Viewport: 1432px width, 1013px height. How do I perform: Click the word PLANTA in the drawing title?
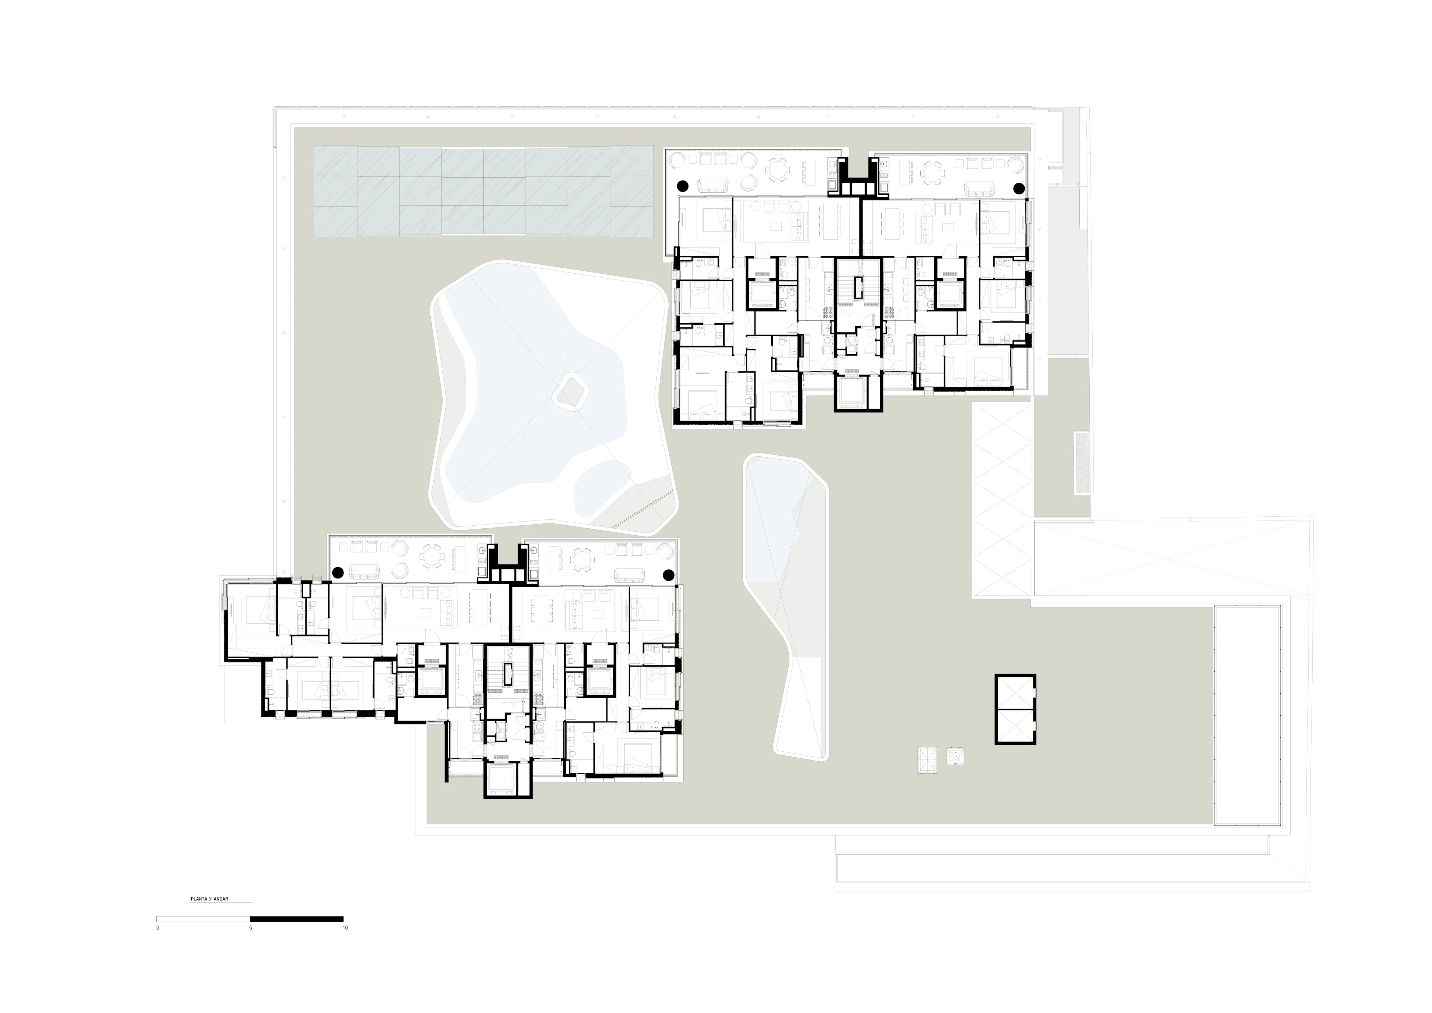point(198,900)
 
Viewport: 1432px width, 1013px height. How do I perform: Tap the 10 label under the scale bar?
point(345,928)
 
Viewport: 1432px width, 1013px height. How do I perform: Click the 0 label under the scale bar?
point(158,928)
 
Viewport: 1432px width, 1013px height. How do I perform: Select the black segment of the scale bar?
point(296,919)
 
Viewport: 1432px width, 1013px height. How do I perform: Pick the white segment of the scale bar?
point(203,919)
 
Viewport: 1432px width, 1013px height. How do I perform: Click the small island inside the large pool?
point(570,391)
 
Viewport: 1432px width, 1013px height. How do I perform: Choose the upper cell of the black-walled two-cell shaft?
point(1015,692)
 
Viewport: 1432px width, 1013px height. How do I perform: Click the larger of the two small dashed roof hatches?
point(928,760)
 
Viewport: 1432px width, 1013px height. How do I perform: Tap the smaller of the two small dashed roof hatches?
point(955,756)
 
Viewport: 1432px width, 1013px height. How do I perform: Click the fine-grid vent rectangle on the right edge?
point(1081,463)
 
